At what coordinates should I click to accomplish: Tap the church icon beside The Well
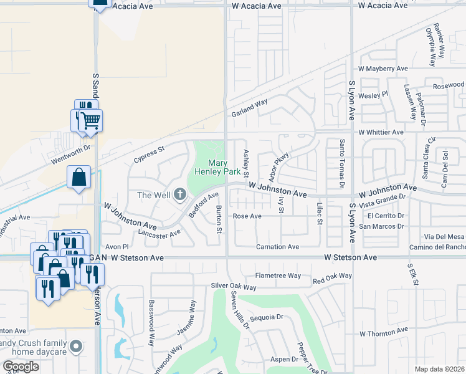[x=180, y=195]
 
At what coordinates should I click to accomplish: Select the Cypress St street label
[x=148, y=154]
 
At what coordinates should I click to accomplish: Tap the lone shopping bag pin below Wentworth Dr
[x=79, y=177]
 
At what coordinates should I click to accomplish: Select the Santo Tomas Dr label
[x=342, y=164]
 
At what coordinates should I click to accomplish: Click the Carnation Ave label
[x=278, y=247]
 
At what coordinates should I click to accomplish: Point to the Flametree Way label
[x=278, y=276]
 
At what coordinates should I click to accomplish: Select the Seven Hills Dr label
[x=239, y=310]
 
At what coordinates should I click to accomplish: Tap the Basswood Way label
[x=151, y=323]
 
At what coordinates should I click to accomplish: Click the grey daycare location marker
[x=77, y=345]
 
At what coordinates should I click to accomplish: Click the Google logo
[x=21, y=367]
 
